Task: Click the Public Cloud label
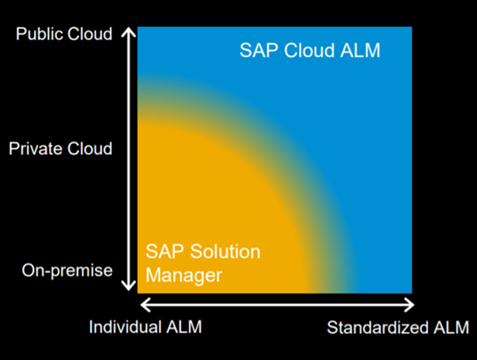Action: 64,33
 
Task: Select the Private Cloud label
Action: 60,148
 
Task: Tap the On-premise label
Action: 67,271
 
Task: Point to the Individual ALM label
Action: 145,327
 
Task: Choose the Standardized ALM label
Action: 398,328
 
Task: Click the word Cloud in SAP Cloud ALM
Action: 310,50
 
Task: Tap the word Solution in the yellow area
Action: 225,251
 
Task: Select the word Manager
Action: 184,276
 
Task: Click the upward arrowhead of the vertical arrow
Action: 129,32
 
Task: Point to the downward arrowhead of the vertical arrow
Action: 129,286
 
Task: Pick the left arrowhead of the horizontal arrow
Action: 145,305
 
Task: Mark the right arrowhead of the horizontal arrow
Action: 409,305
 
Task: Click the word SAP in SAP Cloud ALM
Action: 259,50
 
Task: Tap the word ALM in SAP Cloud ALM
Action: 361,50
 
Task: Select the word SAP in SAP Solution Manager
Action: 165,251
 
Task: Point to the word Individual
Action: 125,327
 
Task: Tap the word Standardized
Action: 377,328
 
